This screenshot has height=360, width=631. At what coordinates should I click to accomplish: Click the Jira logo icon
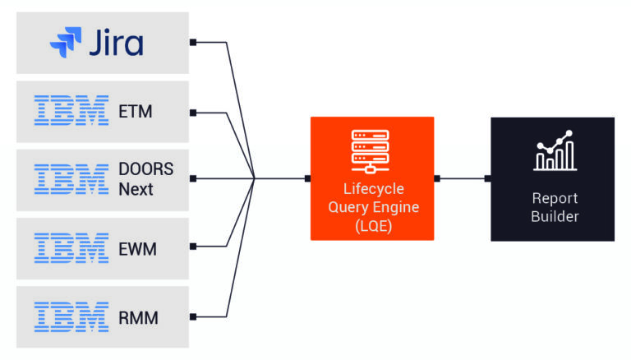(66, 43)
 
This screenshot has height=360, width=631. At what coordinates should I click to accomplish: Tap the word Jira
(117, 43)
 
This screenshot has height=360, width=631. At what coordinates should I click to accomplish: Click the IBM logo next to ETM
(71, 111)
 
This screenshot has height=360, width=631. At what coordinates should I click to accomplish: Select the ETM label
(135, 111)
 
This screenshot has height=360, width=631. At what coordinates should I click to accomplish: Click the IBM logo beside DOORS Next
(71, 179)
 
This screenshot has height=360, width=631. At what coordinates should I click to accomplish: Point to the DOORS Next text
(146, 179)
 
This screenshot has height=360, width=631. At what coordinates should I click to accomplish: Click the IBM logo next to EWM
(71, 247)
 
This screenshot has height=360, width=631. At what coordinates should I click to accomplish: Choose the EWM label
(137, 247)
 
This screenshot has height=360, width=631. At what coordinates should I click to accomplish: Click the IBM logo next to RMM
(71, 316)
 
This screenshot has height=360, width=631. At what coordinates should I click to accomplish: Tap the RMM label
(137, 316)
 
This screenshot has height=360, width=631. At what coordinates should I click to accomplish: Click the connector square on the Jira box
(192, 42)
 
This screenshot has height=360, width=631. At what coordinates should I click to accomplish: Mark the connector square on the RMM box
(192, 316)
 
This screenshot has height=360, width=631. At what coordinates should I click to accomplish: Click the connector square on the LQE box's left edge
(307, 178)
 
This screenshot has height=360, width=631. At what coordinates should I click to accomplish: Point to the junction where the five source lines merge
(255, 178)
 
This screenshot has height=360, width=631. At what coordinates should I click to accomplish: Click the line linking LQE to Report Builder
(463, 178)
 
